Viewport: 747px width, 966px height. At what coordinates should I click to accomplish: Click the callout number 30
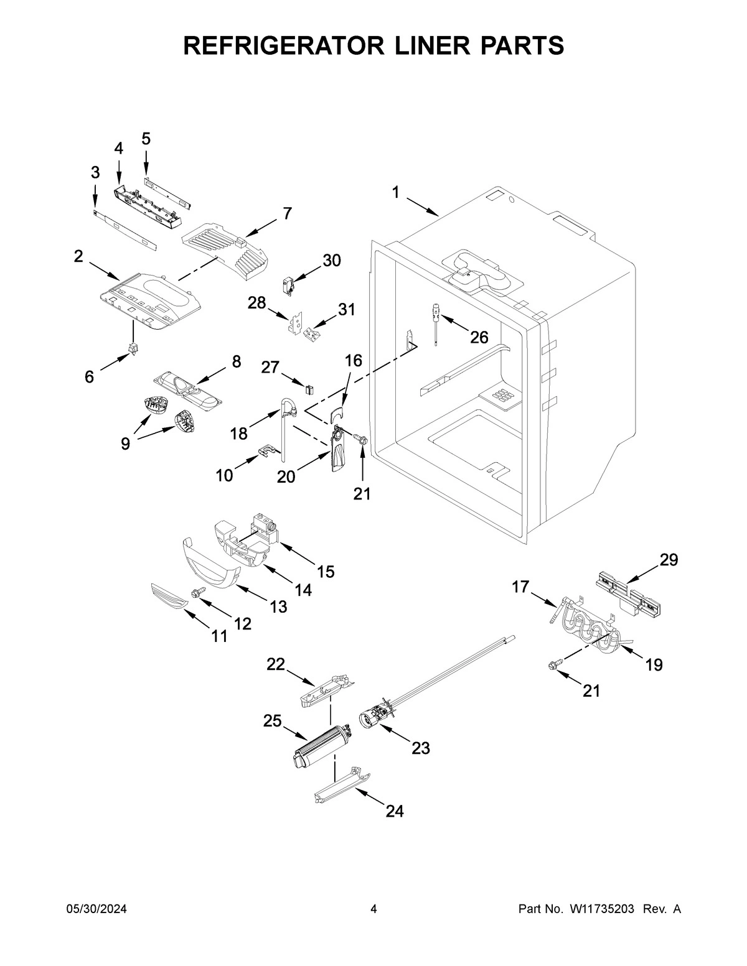pos(332,261)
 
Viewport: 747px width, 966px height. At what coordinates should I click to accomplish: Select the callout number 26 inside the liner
pos(479,337)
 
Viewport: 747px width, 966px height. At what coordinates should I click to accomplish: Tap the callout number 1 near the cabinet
pos(396,193)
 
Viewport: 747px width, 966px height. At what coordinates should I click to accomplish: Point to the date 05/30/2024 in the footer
pos(96,909)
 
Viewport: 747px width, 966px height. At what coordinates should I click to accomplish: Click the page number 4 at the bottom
pos(374,909)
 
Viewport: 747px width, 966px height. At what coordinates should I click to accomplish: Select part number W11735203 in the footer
pos(601,909)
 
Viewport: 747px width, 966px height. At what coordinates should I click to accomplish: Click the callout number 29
pos(669,560)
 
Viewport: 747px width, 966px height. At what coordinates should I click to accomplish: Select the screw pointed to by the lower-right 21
pos(552,666)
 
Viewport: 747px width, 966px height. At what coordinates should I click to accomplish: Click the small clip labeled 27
pos(308,389)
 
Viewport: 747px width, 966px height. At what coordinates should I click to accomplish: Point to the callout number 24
pos(394,811)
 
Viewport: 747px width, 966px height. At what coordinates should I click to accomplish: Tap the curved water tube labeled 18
pos(287,429)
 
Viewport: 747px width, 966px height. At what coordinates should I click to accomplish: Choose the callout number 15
pos(326,571)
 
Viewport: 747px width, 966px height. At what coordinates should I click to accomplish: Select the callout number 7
pos(287,213)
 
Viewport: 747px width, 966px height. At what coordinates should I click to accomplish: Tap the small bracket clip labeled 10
pos(268,449)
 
